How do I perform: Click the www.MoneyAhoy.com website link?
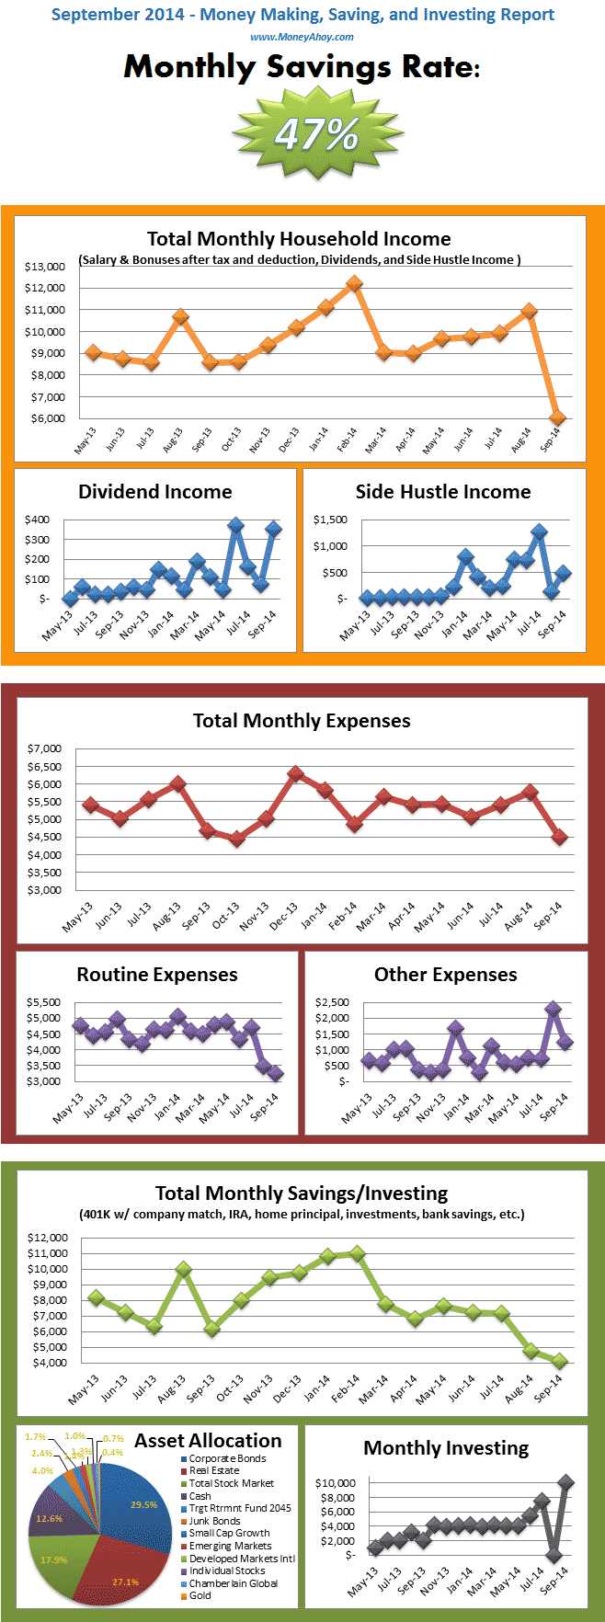coord(302,37)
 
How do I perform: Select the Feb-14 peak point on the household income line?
coord(354,284)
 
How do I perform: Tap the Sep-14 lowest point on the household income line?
coord(557,417)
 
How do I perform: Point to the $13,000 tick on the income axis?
coord(45,267)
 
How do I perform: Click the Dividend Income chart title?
coord(154,492)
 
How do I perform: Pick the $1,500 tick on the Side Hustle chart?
coord(330,520)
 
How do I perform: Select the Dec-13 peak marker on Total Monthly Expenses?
coord(295,773)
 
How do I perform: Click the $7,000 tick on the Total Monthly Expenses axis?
coord(45,749)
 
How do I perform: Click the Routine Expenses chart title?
coord(156,975)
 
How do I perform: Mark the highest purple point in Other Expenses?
coord(553,1009)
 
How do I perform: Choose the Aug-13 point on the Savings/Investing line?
coord(183,1270)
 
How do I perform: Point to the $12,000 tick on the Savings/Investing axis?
coord(47,1238)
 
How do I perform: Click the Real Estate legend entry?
coord(213,1470)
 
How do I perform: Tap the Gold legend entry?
coord(200,1595)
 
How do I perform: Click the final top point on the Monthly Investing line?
coord(565,1482)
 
